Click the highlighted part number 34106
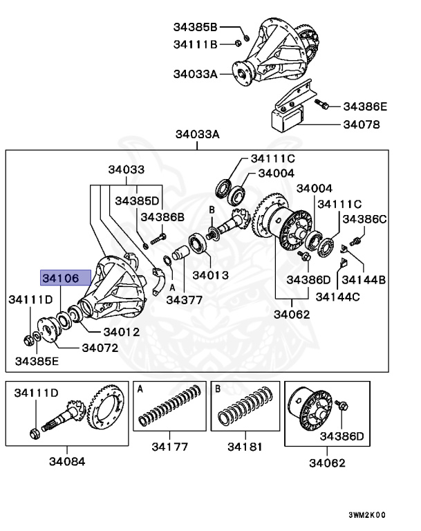click(65, 278)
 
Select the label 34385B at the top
click(195, 28)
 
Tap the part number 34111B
click(195, 45)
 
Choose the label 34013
click(209, 274)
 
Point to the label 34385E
click(37, 361)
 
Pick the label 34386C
click(364, 218)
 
